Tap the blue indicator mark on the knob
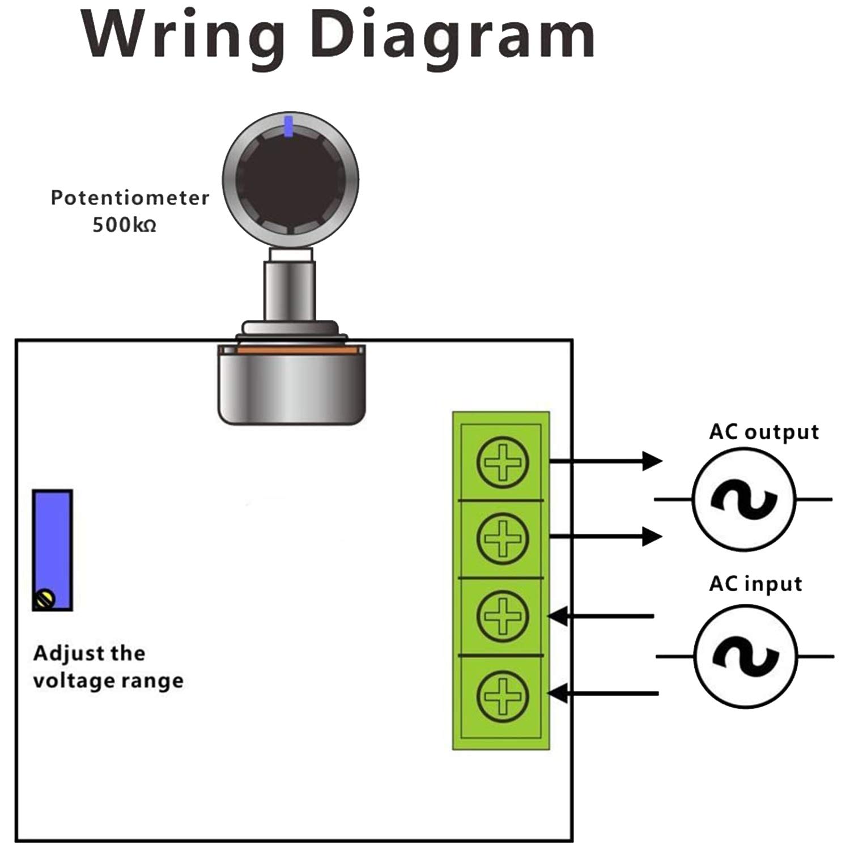pyautogui.click(x=289, y=126)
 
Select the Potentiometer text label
pyautogui.click(x=130, y=198)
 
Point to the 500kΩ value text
pyautogui.click(x=124, y=225)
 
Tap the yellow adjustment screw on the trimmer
pyautogui.click(x=44, y=599)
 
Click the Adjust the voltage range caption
pyautogui.click(x=108, y=667)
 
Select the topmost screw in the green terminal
pyautogui.click(x=503, y=462)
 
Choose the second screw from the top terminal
pyautogui.click(x=503, y=538)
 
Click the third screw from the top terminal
pyautogui.click(x=503, y=615)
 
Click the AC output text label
pyautogui.click(x=764, y=432)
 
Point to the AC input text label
pyautogui.click(x=755, y=584)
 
